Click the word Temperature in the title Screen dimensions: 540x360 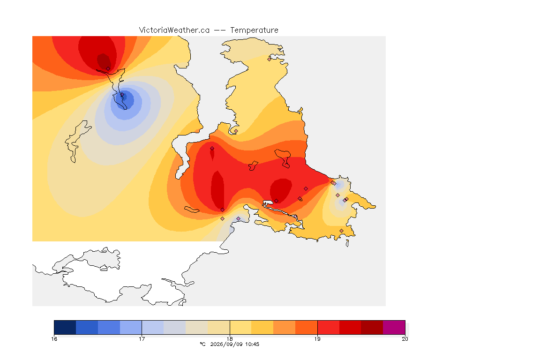pyautogui.click(x=254, y=30)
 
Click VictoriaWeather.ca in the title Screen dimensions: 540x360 pyautogui.click(x=174, y=30)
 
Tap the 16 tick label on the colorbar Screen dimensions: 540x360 pyautogui.click(x=54, y=339)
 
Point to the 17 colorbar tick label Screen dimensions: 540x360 pyautogui.click(x=142, y=339)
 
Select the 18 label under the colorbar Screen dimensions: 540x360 pyautogui.click(x=230, y=339)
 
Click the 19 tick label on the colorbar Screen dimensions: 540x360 pyautogui.click(x=317, y=339)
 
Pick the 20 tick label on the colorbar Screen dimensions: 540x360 pyautogui.click(x=405, y=339)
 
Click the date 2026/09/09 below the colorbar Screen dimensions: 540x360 pyautogui.click(x=224, y=344)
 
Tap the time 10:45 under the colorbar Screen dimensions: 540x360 pyautogui.click(x=253, y=344)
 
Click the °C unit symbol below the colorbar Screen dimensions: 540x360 pyautogui.click(x=202, y=344)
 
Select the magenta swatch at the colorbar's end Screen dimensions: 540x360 pyautogui.click(x=394, y=327)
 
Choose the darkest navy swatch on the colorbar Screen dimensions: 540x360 pyautogui.click(x=65, y=327)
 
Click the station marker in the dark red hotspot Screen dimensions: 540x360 pyautogui.click(x=108, y=68)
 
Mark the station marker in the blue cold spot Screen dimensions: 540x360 pyautogui.click(x=122, y=94)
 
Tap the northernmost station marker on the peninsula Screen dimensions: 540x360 pyautogui.click(x=270, y=59)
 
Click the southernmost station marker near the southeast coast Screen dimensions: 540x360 pyautogui.click(x=341, y=231)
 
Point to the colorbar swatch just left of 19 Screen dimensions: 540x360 pyautogui.click(x=306, y=327)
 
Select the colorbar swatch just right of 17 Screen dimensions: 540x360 pyautogui.click(x=152, y=327)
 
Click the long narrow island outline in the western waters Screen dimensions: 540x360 pyautogui.click(x=77, y=141)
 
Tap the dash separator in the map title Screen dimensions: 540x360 pyautogui.click(x=220, y=30)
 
